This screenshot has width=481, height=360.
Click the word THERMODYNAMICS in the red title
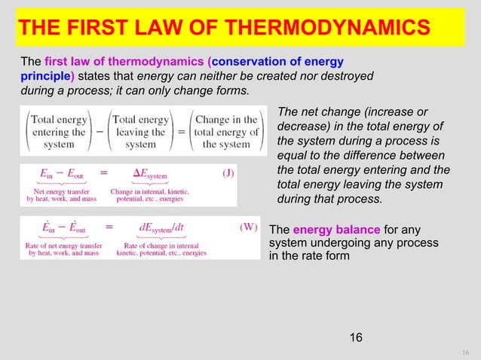pos(333,28)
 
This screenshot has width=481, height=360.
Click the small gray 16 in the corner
pos(465,352)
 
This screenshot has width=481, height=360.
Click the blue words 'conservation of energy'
pos(279,61)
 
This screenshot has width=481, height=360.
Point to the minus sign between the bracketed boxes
pos(100,131)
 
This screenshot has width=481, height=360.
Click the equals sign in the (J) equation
pos(103,172)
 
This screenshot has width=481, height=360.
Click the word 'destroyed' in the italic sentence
pos(349,76)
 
